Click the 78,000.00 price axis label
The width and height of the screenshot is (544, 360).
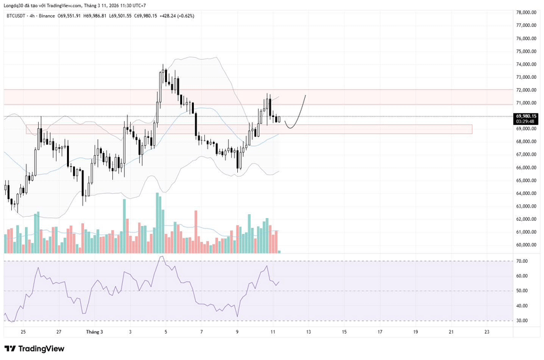click(x=528, y=12)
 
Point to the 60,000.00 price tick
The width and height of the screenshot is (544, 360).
click(x=528, y=245)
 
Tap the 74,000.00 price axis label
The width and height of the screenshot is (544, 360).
click(x=528, y=64)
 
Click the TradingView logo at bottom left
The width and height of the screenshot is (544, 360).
click(x=34, y=348)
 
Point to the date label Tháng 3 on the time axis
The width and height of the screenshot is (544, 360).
click(x=95, y=332)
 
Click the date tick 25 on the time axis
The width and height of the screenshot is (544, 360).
click(x=23, y=332)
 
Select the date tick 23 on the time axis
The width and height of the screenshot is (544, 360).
click(x=486, y=332)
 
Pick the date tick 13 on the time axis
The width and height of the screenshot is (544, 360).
click(x=308, y=332)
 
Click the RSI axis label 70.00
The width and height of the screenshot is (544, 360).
click(x=523, y=261)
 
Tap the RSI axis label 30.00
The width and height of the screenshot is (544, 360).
click(x=523, y=321)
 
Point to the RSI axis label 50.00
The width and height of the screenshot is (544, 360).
click(x=523, y=291)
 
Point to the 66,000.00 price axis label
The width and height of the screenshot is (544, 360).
click(x=528, y=168)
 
